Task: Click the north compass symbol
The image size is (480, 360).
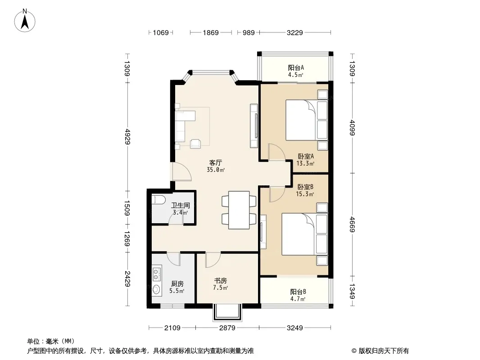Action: [x=25, y=21]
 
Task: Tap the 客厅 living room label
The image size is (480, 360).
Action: [x=216, y=162]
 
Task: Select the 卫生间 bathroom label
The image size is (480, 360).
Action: [x=180, y=205]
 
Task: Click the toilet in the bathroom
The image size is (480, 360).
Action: [x=158, y=200]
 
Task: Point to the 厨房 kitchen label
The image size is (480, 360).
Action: [x=177, y=284]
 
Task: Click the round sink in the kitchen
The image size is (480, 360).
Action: [x=156, y=289]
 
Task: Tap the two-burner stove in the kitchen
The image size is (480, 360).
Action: [x=156, y=274]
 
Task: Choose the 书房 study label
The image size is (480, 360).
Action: [x=220, y=280]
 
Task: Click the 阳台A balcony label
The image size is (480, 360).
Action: [x=296, y=67]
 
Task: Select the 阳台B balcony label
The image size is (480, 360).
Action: [x=298, y=292]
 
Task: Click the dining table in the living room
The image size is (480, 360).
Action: [x=239, y=210]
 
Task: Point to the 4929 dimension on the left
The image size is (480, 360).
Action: [x=127, y=137]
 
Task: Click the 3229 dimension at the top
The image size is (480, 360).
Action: [x=295, y=32]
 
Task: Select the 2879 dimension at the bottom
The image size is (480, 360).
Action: [x=227, y=328]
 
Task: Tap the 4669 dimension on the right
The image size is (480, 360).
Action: [x=353, y=224]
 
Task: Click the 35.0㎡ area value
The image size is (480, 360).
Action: [x=216, y=170]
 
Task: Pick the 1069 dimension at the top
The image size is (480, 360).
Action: [x=161, y=32]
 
